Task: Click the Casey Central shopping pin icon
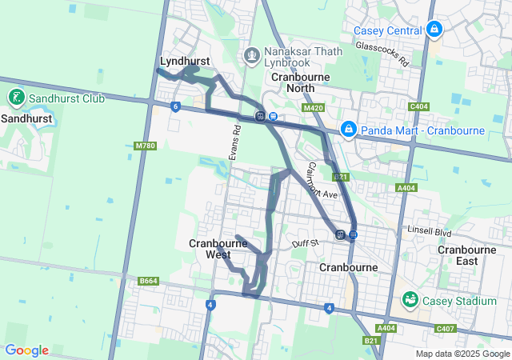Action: click(434, 30)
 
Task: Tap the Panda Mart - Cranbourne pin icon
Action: click(349, 129)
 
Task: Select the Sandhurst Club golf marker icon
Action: click(16, 98)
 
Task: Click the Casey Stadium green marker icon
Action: click(410, 300)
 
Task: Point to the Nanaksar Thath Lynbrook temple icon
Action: click(252, 56)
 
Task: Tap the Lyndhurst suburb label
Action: click(185, 61)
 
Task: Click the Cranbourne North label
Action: click(298, 82)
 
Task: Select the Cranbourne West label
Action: click(213, 249)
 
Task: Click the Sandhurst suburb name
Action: click(26, 118)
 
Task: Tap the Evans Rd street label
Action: click(234, 142)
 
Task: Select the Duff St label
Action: click(305, 242)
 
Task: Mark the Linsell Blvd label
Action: click(430, 232)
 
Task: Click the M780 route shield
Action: click(145, 146)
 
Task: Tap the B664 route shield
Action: click(148, 281)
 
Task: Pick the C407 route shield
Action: click(446, 328)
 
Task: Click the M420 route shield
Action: click(314, 107)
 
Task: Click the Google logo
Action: click(26, 350)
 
